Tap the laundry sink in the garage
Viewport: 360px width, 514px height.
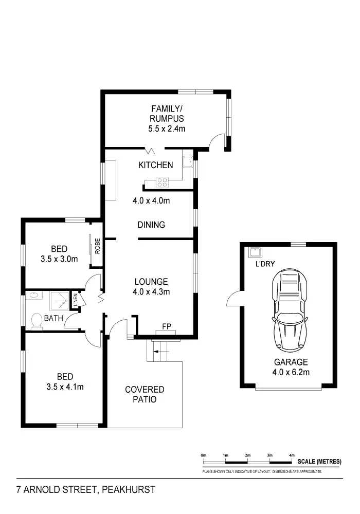pos(255,252)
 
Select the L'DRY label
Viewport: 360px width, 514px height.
pos(265,264)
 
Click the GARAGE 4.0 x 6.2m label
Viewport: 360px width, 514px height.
pos(291,367)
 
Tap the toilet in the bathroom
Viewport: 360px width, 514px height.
pos(37,320)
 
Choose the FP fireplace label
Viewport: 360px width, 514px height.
pos(166,326)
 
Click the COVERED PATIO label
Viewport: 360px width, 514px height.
pos(145,394)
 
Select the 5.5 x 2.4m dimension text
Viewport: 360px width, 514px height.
pos(167,128)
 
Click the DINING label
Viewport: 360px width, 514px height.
pos(151,225)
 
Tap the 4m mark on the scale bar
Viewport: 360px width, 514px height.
pos(292,455)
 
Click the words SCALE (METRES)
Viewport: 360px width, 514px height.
pos(319,462)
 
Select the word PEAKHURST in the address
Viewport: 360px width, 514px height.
pos(129,490)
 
